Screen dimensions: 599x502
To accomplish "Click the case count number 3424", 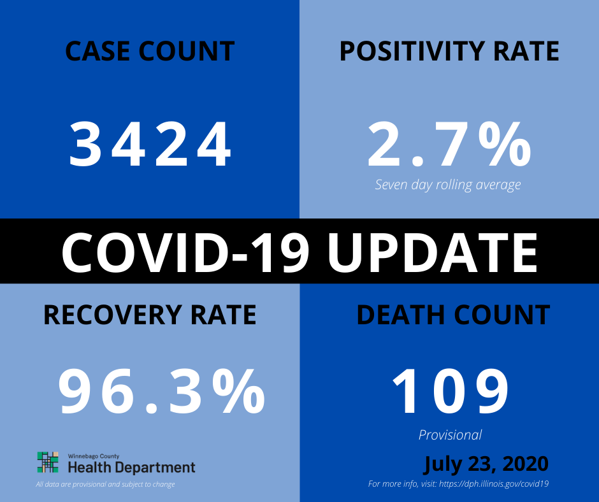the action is click(150, 145).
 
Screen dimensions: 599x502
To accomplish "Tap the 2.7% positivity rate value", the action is click(449, 145).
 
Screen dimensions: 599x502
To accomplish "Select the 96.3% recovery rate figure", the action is click(162, 391).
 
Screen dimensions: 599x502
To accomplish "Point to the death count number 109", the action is click(451, 391).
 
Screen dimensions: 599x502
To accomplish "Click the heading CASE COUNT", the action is click(150, 51).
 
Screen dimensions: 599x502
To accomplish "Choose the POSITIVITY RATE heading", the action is click(449, 51).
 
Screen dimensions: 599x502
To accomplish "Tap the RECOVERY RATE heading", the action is click(150, 315).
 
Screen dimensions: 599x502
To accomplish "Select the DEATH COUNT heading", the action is click(453, 315).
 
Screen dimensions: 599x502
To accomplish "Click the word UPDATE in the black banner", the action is click(433, 252).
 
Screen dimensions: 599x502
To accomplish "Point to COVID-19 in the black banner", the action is click(185, 252).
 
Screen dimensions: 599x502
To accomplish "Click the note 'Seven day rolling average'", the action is click(448, 185).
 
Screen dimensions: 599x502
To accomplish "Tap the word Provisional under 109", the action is click(450, 435).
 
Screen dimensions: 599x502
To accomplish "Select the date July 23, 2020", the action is click(486, 464).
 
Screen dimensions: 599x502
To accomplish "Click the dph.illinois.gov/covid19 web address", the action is click(494, 484).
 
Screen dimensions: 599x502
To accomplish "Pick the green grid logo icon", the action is click(48, 463).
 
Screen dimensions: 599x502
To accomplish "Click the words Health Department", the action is click(131, 467).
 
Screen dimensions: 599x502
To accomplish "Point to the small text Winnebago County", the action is click(94, 456).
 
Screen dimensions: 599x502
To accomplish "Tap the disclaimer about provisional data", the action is click(105, 484).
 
